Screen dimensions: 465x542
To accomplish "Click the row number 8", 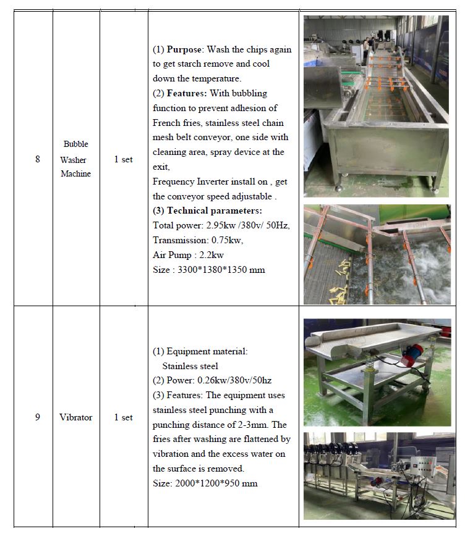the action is tap(37, 159).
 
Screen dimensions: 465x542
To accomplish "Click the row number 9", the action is tap(37, 417).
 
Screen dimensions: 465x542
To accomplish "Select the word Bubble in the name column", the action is tap(76, 144).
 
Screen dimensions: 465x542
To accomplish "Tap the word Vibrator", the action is tap(76, 417).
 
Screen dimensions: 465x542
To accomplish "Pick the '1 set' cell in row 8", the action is tap(124, 159).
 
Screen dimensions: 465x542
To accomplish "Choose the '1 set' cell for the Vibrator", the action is tap(124, 417).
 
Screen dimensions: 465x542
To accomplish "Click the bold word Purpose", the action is tap(184, 50).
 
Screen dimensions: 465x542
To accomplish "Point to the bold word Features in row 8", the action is tap(186, 93).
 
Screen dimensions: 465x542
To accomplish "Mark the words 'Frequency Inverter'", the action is tap(190, 182).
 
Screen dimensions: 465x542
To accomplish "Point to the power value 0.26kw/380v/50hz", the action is tap(234, 381).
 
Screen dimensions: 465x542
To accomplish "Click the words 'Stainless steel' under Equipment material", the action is tap(190, 366).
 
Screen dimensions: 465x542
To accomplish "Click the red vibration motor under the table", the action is tap(412, 356).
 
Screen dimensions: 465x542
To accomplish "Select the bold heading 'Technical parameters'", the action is tap(215, 211).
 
